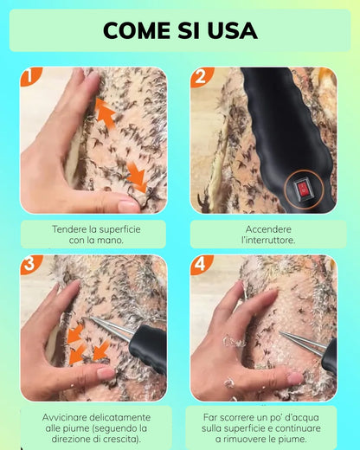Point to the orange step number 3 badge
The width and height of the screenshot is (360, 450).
click(30, 263)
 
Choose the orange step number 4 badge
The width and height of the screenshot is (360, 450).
click(201, 263)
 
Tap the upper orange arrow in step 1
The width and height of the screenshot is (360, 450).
click(105, 112)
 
